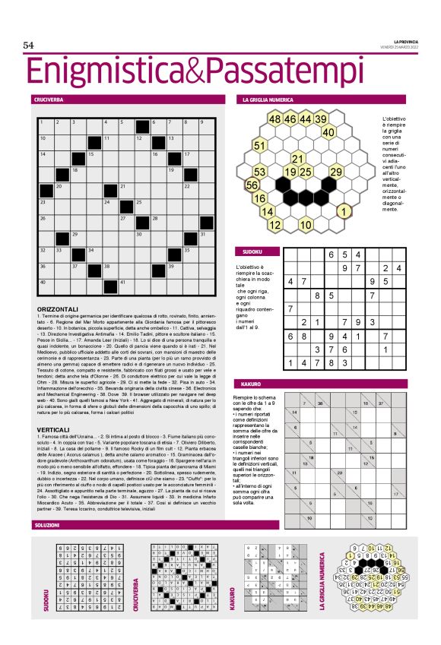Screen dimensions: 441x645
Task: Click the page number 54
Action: point(29,46)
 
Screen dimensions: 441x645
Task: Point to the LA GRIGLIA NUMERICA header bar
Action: point(267,100)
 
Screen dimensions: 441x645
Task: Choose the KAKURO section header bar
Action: point(253,385)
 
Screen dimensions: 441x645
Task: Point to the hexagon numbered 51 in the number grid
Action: point(260,145)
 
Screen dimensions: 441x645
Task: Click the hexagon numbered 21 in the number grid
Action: point(298,159)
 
